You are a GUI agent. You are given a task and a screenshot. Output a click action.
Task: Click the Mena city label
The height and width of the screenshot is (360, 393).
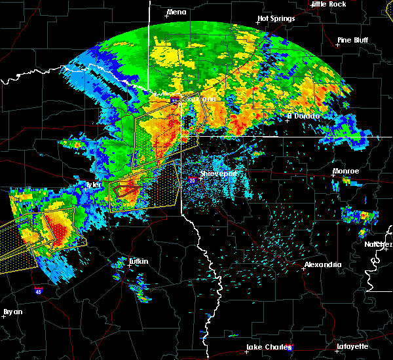click(x=176, y=12)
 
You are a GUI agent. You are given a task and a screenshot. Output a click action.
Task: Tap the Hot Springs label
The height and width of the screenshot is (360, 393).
click(x=276, y=18)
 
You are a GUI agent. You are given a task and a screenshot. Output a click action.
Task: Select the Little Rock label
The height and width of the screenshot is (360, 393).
click(x=328, y=4)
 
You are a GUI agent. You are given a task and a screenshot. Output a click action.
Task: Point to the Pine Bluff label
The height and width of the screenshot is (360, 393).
click(x=352, y=40)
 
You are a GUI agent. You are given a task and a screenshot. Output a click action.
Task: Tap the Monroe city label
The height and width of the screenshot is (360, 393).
click(x=346, y=171)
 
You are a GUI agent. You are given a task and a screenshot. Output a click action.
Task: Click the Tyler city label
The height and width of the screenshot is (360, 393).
click(x=94, y=185)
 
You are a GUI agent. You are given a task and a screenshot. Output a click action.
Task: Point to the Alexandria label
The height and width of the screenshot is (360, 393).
click(x=322, y=264)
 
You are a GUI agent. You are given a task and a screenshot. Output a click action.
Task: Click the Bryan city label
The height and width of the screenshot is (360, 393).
click(x=13, y=312)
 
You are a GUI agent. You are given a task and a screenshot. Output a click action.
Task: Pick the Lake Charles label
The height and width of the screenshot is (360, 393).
click(x=267, y=346)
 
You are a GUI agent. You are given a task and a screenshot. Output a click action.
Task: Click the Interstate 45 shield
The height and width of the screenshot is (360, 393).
click(x=39, y=288)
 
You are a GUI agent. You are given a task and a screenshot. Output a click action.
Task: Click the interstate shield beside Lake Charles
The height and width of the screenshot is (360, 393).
click(x=290, y=348)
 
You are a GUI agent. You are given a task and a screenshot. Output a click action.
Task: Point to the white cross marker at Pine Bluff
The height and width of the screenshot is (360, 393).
click(x=338, y=45)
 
